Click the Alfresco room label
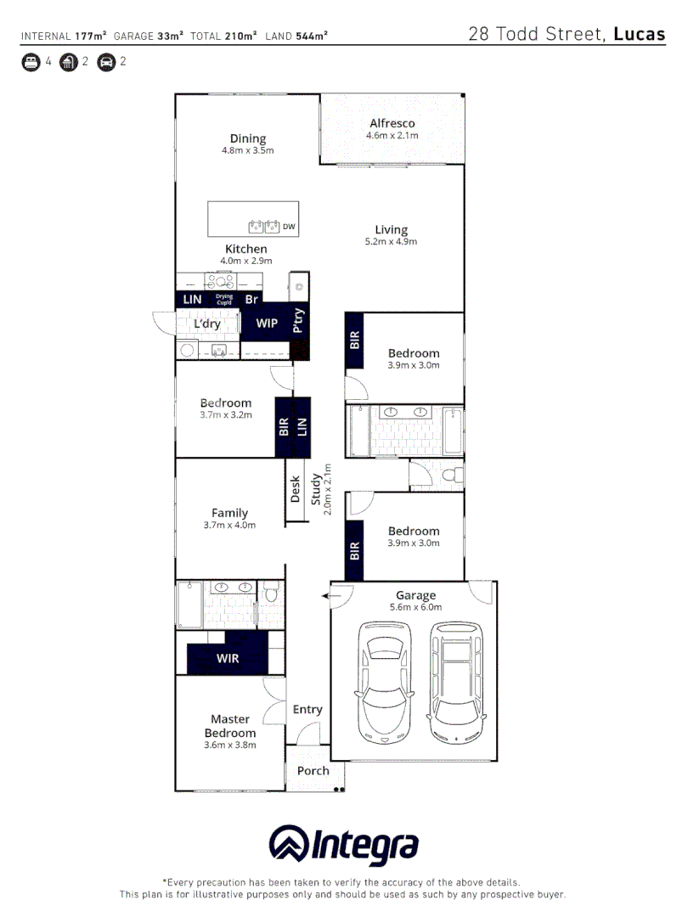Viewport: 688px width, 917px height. [x=392, y=123]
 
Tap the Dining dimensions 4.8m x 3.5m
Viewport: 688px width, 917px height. [x=247, y=151]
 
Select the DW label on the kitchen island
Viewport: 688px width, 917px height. [x=289, y=227]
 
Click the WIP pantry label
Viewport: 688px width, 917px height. [x=267, y=323]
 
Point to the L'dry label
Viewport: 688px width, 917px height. [x=207, y=324]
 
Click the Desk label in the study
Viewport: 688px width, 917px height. [x=296, y=488]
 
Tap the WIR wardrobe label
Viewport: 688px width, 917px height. [x=227, y=658]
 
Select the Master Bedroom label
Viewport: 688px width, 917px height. [x=229, y=726]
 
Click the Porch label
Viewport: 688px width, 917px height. [x=313, y=771]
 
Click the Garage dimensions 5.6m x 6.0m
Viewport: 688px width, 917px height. [x=415, y=607]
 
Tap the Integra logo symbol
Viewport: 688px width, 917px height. [x=288, y=845]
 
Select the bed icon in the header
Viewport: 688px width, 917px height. [x=31, y=62]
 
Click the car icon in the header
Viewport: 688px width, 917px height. [x=106, y=62]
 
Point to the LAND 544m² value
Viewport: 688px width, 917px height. [x=311, y=36]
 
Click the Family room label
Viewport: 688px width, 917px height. [x=229, y=513]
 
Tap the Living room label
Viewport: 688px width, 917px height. [x=392, y=229]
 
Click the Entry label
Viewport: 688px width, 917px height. [x=307, y=710]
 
